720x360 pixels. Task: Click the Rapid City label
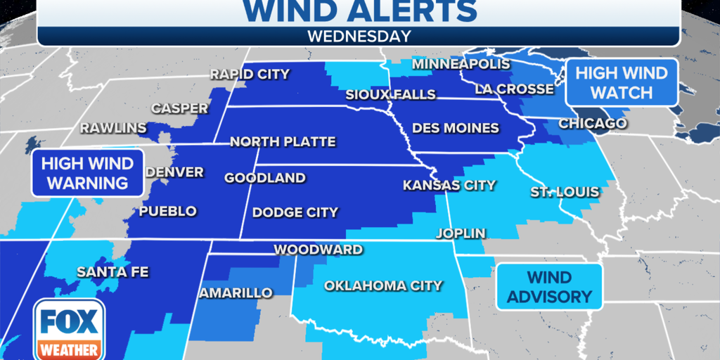[250, 74]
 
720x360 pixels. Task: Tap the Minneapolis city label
[461, 64]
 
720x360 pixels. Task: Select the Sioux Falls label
[390, 94]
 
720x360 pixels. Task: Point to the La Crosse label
[514, 89]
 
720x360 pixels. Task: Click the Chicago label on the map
[592, 124]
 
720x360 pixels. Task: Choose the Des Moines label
[456, 128]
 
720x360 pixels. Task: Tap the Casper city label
[180, 108]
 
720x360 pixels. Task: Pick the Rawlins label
[113, 128]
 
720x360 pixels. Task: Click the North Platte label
[283, 142]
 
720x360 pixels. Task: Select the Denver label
[174, 172]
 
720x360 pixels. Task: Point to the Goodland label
[265, 178]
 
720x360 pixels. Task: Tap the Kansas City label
[449, 186]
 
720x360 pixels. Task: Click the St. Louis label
[565, 192]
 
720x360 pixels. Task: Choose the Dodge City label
[295, 212]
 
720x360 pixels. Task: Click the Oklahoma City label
[383, 285]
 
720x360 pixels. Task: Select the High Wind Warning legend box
[87, 173]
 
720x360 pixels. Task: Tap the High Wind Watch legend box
[621, 83]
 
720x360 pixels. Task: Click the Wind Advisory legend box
[549, 287]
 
